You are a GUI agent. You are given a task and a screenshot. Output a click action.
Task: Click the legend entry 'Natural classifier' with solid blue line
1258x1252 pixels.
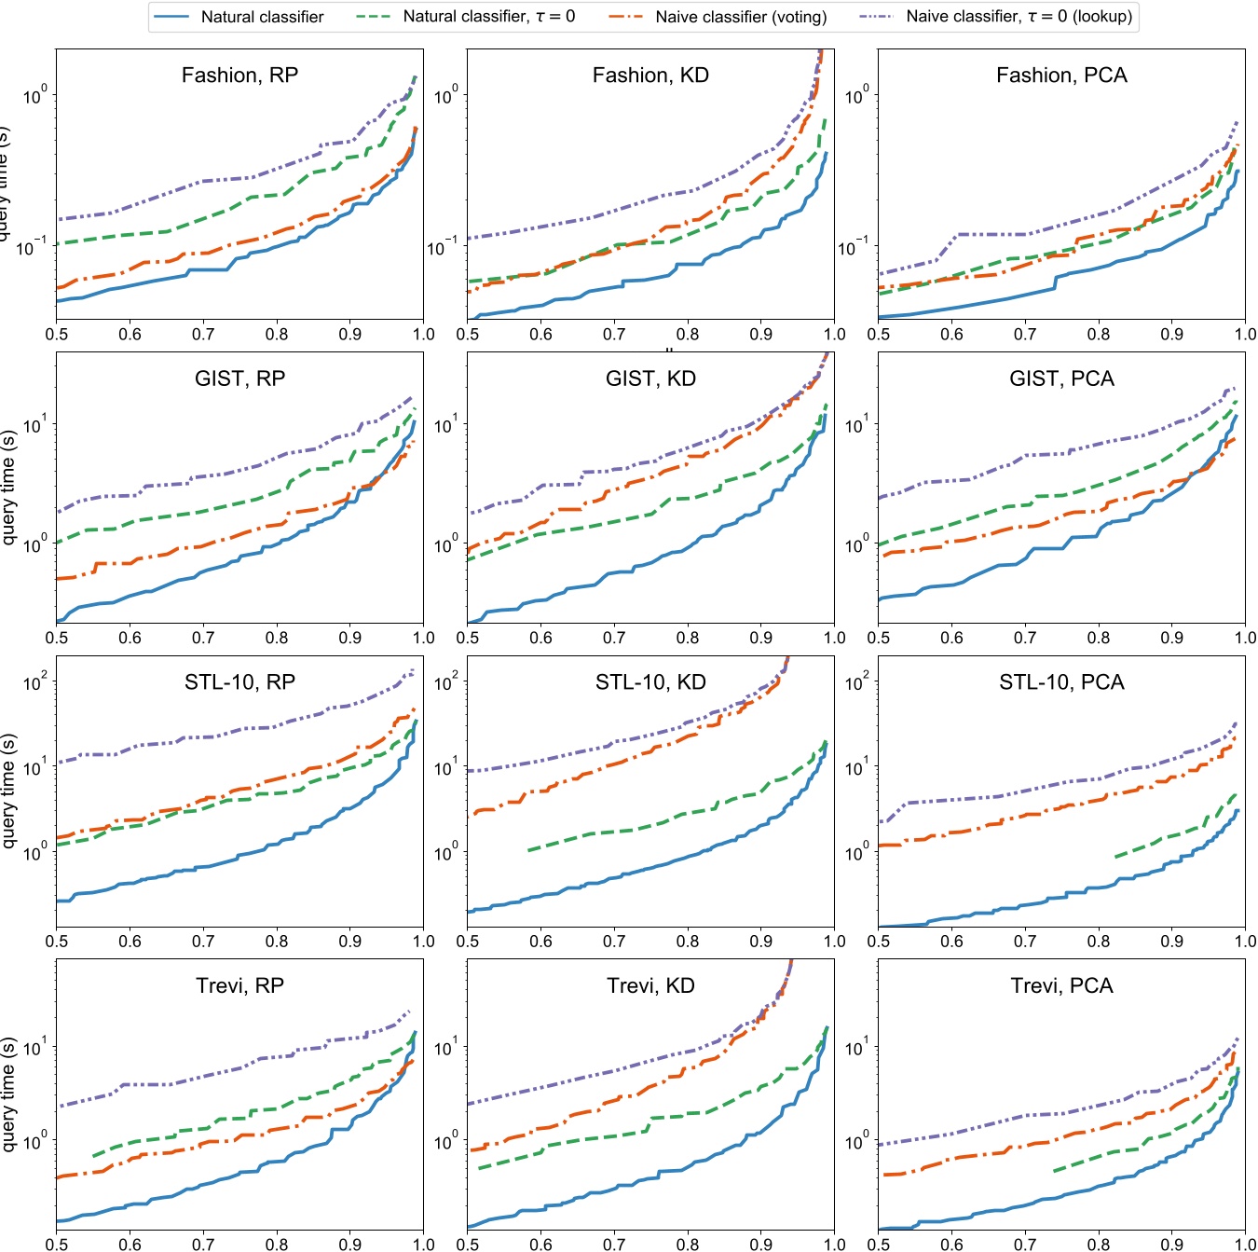(262, 17)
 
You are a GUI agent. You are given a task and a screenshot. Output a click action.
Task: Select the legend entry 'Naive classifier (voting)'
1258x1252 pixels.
(740, 17)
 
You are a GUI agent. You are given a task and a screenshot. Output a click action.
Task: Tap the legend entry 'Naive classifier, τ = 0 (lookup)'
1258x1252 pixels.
(1019, 17)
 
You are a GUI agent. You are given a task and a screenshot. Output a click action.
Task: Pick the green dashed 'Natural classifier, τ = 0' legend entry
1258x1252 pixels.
(488, 17)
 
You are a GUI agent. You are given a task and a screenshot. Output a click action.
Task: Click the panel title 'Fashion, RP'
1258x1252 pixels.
(239, 76)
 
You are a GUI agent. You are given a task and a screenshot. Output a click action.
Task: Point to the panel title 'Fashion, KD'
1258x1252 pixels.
(650, 76)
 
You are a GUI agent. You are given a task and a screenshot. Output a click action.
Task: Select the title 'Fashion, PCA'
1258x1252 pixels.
(1061, 76)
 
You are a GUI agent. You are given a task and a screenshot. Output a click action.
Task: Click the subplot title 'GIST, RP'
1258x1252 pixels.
(239, 378)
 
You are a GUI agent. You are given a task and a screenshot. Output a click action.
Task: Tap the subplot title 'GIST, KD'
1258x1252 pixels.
(650, 378)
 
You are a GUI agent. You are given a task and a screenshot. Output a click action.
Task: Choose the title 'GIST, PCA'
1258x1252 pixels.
(1061, 378)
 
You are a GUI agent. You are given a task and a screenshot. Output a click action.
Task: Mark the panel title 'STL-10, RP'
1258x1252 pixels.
(239, 682)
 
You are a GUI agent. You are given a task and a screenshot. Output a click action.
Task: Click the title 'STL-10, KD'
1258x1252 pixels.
(650, 682)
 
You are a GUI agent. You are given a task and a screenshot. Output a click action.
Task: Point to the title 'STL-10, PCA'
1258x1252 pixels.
(1061, 682)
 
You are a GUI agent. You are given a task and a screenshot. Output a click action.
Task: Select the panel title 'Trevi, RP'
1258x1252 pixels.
(239, 986)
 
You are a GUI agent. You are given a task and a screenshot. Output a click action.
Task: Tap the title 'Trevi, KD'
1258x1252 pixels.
(650, 986)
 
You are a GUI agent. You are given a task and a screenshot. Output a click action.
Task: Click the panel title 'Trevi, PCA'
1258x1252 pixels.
(1061, 986)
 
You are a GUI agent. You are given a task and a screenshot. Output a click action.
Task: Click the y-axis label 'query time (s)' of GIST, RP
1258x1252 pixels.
(9, 488)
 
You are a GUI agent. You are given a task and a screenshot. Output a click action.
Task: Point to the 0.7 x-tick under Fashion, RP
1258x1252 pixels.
(203, 335)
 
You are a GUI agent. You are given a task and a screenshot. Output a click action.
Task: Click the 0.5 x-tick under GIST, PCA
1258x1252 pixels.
(879, 639)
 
